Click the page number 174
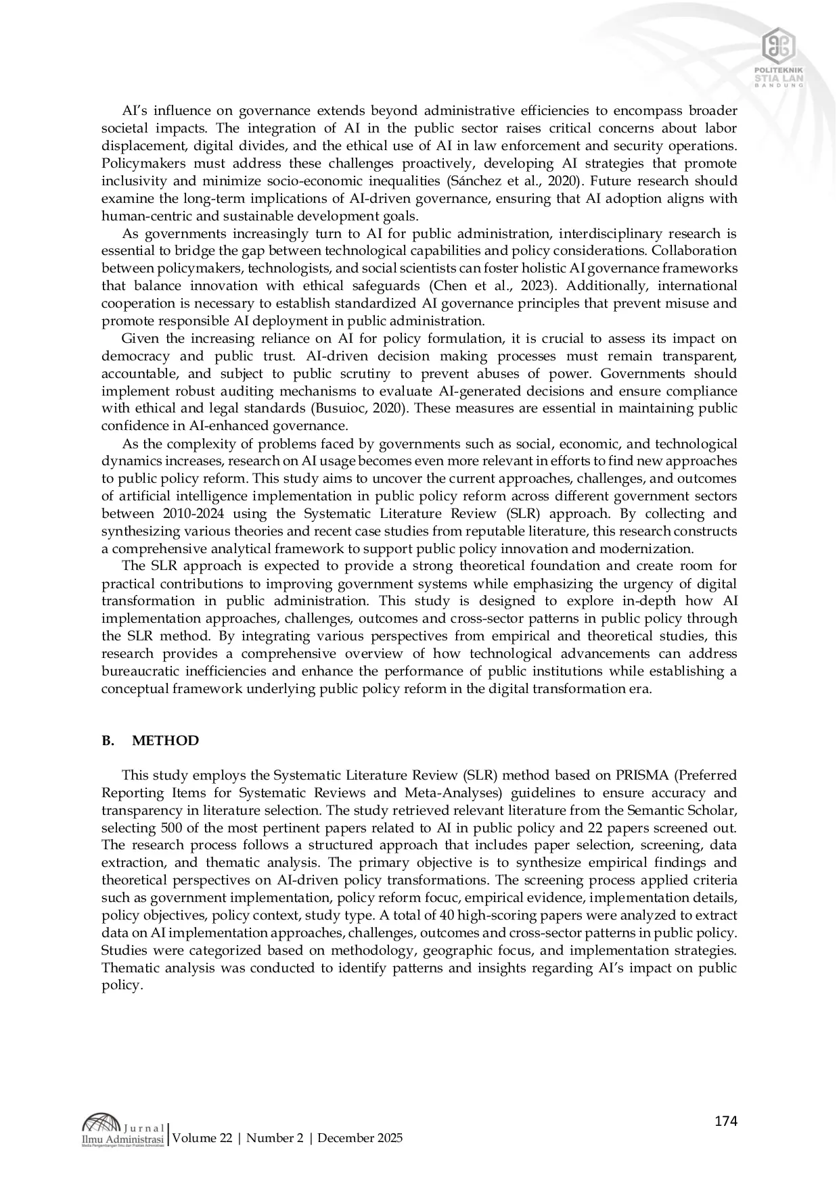725,1121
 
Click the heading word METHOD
165,740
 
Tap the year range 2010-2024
197,514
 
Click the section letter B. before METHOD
108,740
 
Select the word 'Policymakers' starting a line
139,164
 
